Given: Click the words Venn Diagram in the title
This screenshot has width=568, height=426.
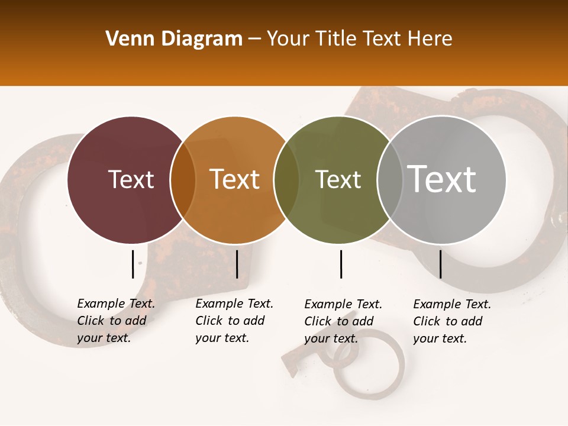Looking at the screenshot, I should click(x=173, y=39).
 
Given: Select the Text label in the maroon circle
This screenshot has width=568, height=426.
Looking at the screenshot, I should click(x=131, y=180).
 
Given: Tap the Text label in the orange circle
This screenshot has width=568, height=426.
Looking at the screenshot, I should click(x=234, y=180).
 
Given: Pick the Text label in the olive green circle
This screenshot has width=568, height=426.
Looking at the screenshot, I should click(x=338, y=180).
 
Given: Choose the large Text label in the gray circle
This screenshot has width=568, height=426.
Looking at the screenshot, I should click(x=441, y=179).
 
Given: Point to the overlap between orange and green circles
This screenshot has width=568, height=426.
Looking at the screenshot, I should click(x=286, y=180).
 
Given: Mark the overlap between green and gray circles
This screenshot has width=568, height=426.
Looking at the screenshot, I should click(x=389, y=180).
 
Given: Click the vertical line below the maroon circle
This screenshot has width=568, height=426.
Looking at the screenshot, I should click(x=133, y=264).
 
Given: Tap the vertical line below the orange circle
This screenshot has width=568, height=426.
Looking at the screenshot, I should click(x=237, y=264).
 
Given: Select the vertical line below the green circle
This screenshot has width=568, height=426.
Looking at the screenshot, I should click(x=341, y=264).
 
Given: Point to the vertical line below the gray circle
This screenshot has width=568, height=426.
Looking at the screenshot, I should click(x=440, y=264).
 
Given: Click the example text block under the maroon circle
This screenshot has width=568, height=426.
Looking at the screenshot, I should click(x=115, y=321).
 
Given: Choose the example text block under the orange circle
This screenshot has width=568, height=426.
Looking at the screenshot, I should click(x=234, y=321).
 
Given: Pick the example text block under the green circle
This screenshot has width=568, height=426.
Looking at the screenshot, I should click(x=343, y=321).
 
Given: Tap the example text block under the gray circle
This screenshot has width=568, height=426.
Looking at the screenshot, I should click(x=451, y=321).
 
